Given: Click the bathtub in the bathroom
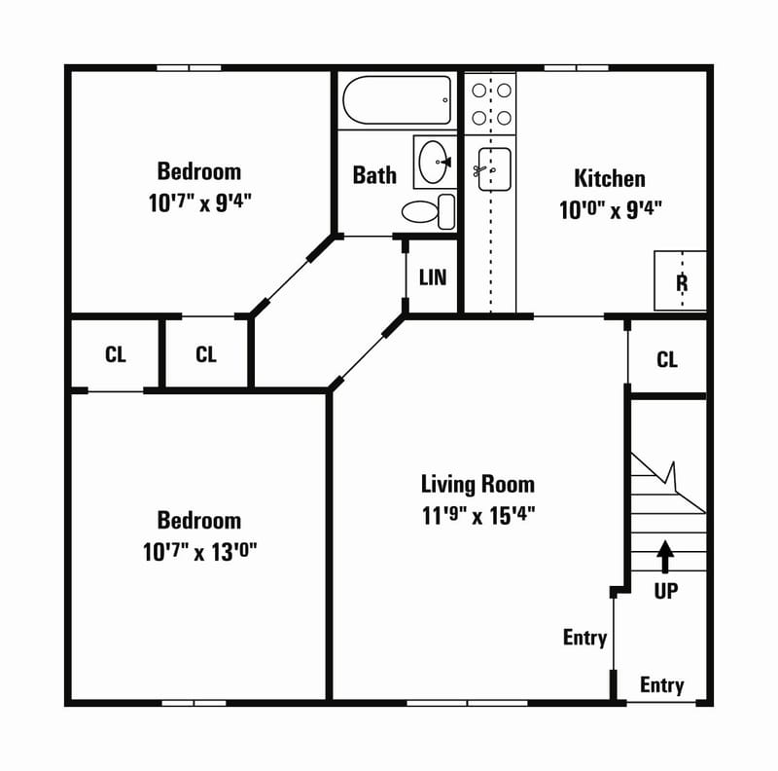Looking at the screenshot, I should [397, 100].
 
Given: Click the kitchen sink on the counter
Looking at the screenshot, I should [492, 169].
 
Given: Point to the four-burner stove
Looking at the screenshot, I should [491, 104].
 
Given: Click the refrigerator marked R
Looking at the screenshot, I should [681, 281].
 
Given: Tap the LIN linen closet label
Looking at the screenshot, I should [433, 277].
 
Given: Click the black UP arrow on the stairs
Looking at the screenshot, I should [665, 555].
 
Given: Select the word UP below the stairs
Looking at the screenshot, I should [666, 591].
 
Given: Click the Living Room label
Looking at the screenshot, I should [477, 484].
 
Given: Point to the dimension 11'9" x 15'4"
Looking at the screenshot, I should [477, 515].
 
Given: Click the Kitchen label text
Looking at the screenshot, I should [610, 179].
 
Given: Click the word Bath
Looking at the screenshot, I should [374, 175].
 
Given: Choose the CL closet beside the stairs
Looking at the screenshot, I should [667, 360].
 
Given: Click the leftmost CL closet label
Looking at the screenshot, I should [116, 354].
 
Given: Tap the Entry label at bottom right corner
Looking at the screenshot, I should [661, 686].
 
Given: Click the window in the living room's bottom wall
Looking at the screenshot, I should [467, 702].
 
